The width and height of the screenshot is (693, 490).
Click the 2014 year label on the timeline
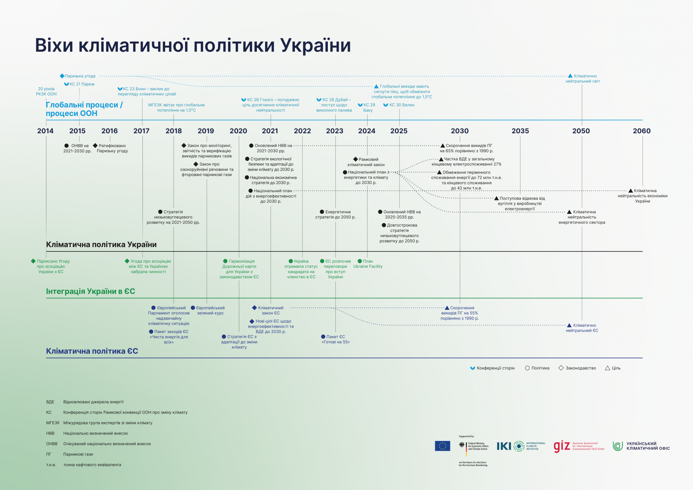coord(45,131)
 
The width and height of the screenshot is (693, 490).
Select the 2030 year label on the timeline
coord(460,131)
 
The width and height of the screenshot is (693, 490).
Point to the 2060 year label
coord(642,131)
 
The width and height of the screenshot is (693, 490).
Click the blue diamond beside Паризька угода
coord(62,76)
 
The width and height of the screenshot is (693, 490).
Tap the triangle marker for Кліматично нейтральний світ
coord(570,76)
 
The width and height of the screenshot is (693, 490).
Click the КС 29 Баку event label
coord(368,107)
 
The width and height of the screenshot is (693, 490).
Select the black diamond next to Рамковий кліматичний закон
coord(355,159)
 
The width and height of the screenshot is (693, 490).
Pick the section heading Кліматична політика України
coord(101,244)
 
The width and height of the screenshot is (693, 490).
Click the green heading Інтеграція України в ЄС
coord(90,291)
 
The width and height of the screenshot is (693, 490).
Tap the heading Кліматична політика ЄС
coord(92,351)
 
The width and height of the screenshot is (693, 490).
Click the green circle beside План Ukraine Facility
coord(360,261)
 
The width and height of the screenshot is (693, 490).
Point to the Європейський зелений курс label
coord(210,310)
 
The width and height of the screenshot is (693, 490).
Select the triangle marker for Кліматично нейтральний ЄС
coord(569,325)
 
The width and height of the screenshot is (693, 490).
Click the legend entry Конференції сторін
coord(495,368)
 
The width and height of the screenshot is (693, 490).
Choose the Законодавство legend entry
coord(580,368)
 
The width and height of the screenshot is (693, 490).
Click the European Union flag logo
coord(442,446)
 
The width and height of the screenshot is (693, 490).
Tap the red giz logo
coord(562,446)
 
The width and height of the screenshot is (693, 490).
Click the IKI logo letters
coord(504,446)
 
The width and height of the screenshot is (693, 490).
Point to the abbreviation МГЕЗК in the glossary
coord(52,423)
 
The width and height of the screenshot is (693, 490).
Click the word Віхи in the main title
coord(54,45)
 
